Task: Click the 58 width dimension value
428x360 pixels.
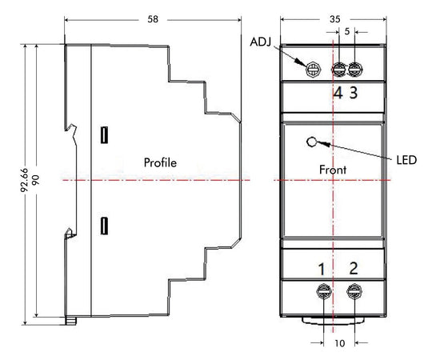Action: (153, 19)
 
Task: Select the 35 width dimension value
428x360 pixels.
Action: (335, 19)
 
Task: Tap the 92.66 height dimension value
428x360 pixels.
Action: (24, 180)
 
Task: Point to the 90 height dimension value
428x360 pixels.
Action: (35, 180)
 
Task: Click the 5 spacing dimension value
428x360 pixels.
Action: (347, 31)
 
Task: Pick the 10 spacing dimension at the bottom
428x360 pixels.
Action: (340, 343)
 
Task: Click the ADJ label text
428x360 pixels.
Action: (261, 42)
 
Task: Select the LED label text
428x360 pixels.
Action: (406, 160)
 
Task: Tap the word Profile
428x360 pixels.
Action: (160, 162)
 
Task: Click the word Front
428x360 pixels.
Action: (333, 170)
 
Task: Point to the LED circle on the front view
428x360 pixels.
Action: (311, 142)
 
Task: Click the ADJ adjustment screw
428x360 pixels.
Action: (313, 70)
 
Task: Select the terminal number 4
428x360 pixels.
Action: (338, 93)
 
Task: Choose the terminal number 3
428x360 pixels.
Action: (354, 93)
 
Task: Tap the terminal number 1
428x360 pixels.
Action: (322, 269)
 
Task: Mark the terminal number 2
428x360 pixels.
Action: (354, 269)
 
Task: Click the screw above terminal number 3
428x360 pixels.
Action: (355, 70)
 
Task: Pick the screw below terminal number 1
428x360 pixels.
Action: (324, 291)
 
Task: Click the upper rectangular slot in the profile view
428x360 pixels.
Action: (104, 135)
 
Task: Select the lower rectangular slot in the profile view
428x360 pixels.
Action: (104, 226)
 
